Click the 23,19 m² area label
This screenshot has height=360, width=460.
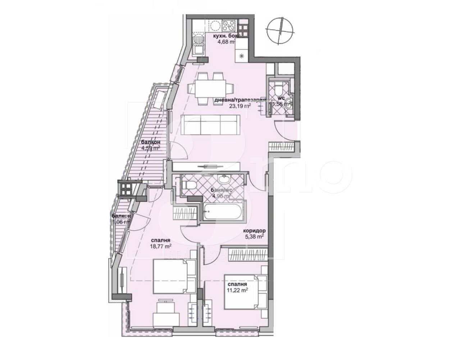tap(240, 106)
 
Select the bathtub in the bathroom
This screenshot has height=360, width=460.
tap(223, 212)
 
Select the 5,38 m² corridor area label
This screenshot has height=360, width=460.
tap(255, 237)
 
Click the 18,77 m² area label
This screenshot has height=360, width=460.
tap(160, 246)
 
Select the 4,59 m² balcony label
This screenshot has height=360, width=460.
tap(150, 148)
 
